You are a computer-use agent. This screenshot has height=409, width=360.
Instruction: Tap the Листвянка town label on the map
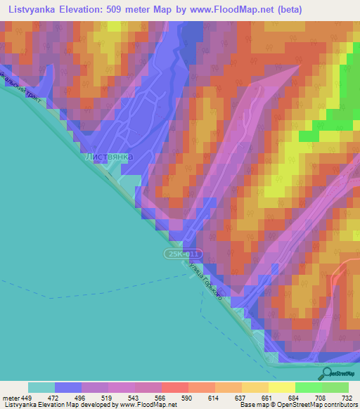(x=108, y=157)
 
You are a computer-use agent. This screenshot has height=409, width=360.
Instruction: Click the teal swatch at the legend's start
(x=41, y=387)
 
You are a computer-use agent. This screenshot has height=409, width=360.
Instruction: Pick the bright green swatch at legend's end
(x=335, y=387)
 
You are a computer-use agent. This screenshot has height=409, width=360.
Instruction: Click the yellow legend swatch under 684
(x=282, y=387)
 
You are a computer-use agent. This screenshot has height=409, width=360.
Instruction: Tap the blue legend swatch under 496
(x=68, y=387)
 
